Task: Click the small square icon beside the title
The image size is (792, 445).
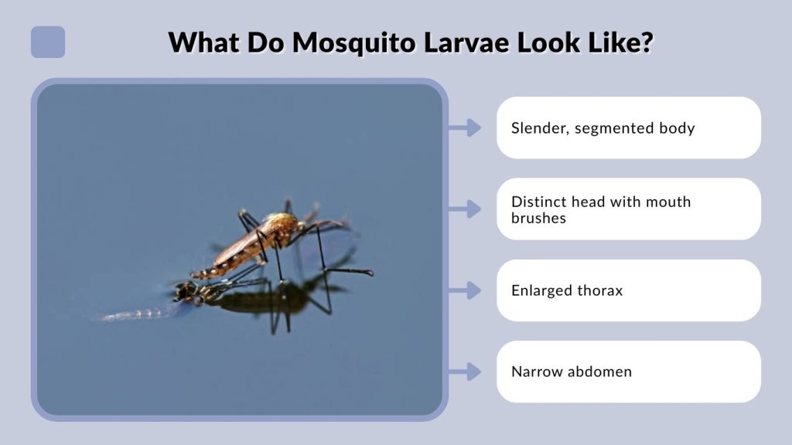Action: (48, 42)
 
